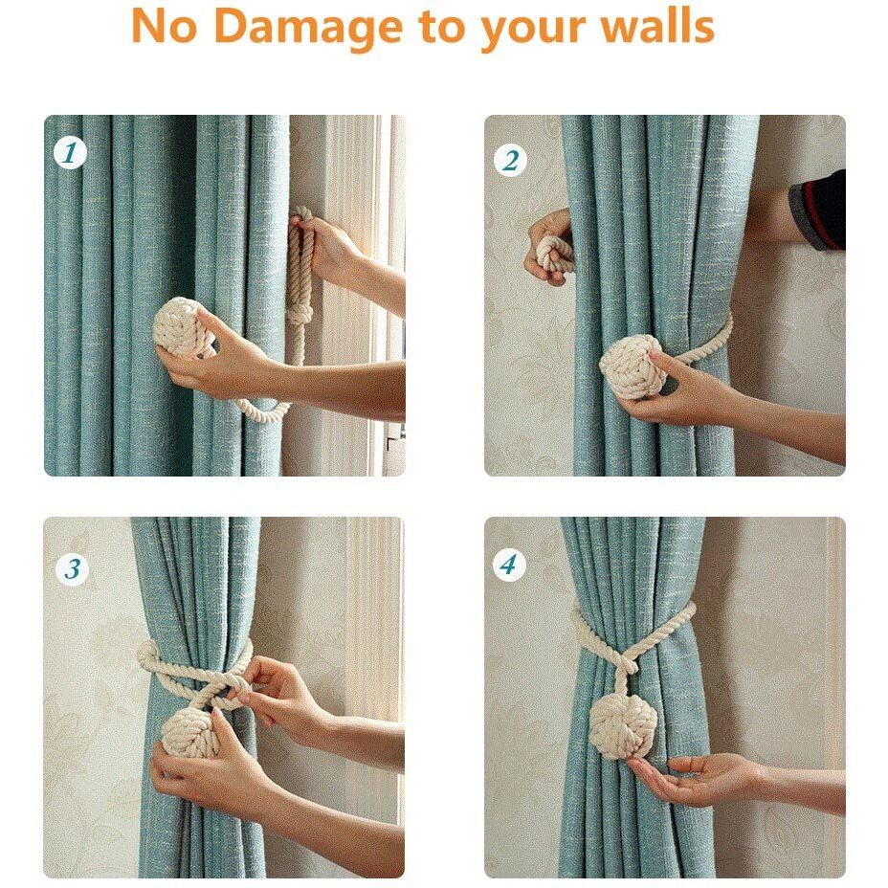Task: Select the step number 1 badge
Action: (70, 152)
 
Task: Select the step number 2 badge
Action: (510, 161)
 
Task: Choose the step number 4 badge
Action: (509, 565)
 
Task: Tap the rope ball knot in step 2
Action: (628, 365)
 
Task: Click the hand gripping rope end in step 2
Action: (549, 246)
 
